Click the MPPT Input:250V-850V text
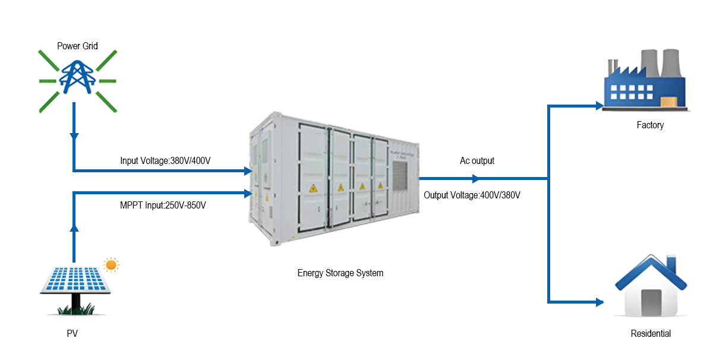(x=163, y=205)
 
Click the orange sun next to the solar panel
(x=111, y=264)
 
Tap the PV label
(x=72, y=334)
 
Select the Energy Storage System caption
(x=340, y=273)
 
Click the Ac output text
(x=477, y=160)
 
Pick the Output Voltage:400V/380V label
(x=472, y=195)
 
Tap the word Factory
(x=650, y=125)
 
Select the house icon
(x=650, y=288)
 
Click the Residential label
(x=651, y=334)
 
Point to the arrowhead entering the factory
(x=600, y=106)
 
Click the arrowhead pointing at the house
(x=600, y=302)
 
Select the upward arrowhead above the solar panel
(x=74, y=228)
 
